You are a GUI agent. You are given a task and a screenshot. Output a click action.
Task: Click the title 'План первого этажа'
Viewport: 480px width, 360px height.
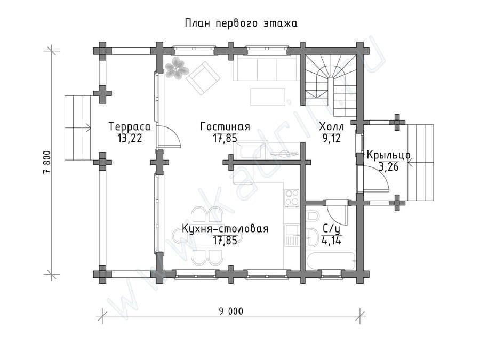pyautogui.click(x=241, y=23)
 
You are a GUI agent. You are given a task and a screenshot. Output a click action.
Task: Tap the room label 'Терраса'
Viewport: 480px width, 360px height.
pyautogui.click(x=130, y=127)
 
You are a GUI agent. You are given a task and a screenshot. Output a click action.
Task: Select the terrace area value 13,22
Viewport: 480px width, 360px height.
pyautogui.click(x=130, y=139)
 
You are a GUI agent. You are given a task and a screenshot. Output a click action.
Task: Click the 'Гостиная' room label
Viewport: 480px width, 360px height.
pyautogui.click(x=225, y=126)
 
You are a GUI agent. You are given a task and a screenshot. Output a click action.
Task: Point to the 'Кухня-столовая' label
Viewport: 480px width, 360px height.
pyautogui.click(x=225, y=229)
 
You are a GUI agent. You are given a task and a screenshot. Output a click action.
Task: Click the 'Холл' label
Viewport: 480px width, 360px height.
pyautogui.click(x=331, y=126)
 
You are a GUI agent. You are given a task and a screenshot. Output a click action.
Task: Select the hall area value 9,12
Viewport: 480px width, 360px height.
pyautogui.click(x=331, y=138)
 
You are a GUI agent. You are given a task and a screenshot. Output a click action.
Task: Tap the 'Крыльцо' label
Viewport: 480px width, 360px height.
pyautogui.click(x=388, y=155)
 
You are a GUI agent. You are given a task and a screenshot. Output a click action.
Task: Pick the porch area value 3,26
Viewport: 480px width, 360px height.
pyautogui.click(x=389, y=167)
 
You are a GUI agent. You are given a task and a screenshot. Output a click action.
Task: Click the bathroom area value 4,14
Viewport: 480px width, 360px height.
pyautogui.click(x=331, y=241)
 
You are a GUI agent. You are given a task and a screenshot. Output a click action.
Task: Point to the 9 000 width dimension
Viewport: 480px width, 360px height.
pyautogui.click(x=231, y=311)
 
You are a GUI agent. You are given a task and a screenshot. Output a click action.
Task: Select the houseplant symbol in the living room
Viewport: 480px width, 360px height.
pyautogui.click(x=175, y=68)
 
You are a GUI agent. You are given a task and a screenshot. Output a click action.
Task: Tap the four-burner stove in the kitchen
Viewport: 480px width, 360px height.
pyautogui.click(x=292, y=199)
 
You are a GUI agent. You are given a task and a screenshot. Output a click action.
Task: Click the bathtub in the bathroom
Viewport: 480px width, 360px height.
pyautogui.click(x=332, y=261)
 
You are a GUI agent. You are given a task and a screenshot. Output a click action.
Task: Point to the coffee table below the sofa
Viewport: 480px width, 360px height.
pyautogui.click(x=268, y=97)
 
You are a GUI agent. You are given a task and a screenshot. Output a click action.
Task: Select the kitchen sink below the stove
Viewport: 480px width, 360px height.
pyautogui.click(x=292, y=235)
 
